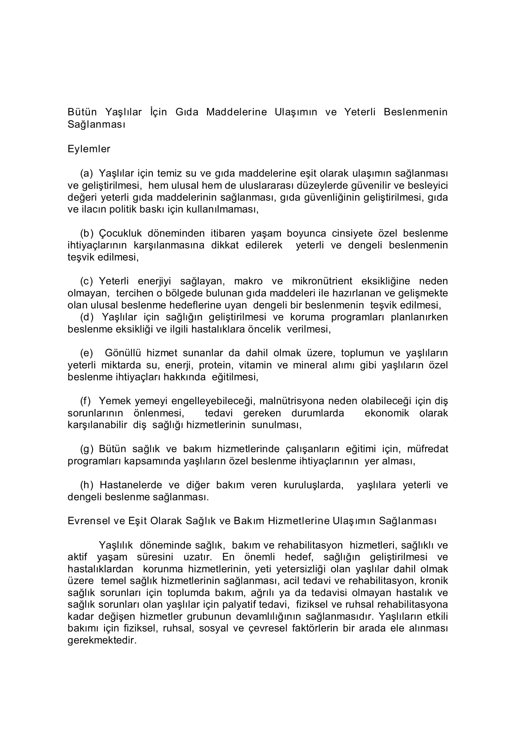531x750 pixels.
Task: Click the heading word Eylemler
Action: coord(89,149)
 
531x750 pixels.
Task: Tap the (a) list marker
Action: coord(87,173)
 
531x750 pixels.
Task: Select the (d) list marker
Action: coord(87,317)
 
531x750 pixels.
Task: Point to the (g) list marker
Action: coord(87,449)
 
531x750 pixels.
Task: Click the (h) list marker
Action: coord(87,485)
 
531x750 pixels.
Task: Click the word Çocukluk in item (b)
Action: coord(120,233)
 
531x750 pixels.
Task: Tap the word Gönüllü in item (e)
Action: coord(123,353)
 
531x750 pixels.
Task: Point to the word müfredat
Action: coord(427,449)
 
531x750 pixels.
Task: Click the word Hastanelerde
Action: coord(131,485)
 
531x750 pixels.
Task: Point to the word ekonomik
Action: coord(387,413)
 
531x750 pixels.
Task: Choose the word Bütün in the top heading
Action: coord(82,112)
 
